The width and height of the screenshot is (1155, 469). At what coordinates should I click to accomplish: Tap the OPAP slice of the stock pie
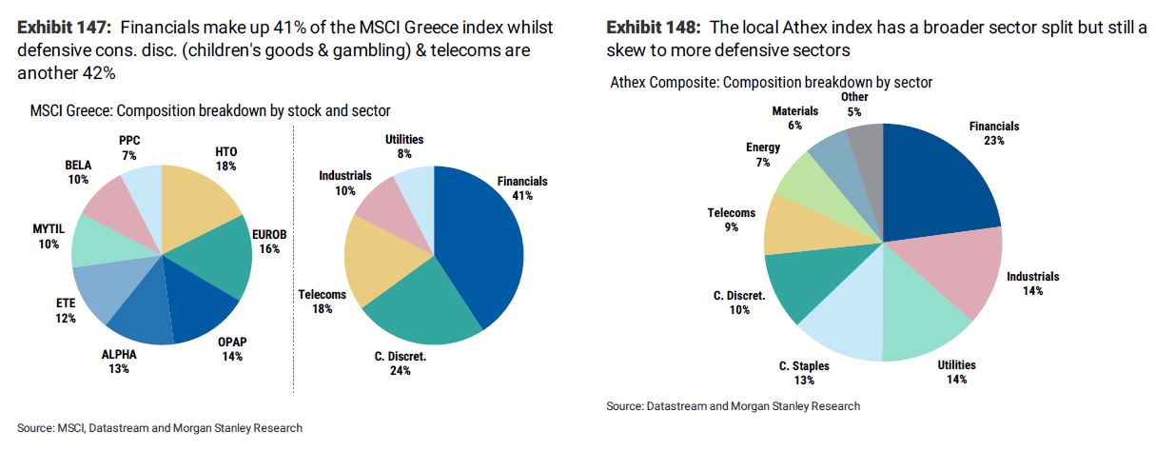(x=196, y=310)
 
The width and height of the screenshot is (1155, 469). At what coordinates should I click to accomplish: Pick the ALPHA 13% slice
(x=141, y=318)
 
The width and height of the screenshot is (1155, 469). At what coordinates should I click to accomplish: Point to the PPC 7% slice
(x=144, y=191)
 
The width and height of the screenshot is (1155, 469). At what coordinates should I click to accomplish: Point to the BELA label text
(x=77, y=165)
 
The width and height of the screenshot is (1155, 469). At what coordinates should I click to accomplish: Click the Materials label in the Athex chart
(x=794, y=111)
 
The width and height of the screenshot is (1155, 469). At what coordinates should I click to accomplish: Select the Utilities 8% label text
(x=404, y=140)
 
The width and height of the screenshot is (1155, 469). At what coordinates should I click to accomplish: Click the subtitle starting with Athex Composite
(x=771, y=83)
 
